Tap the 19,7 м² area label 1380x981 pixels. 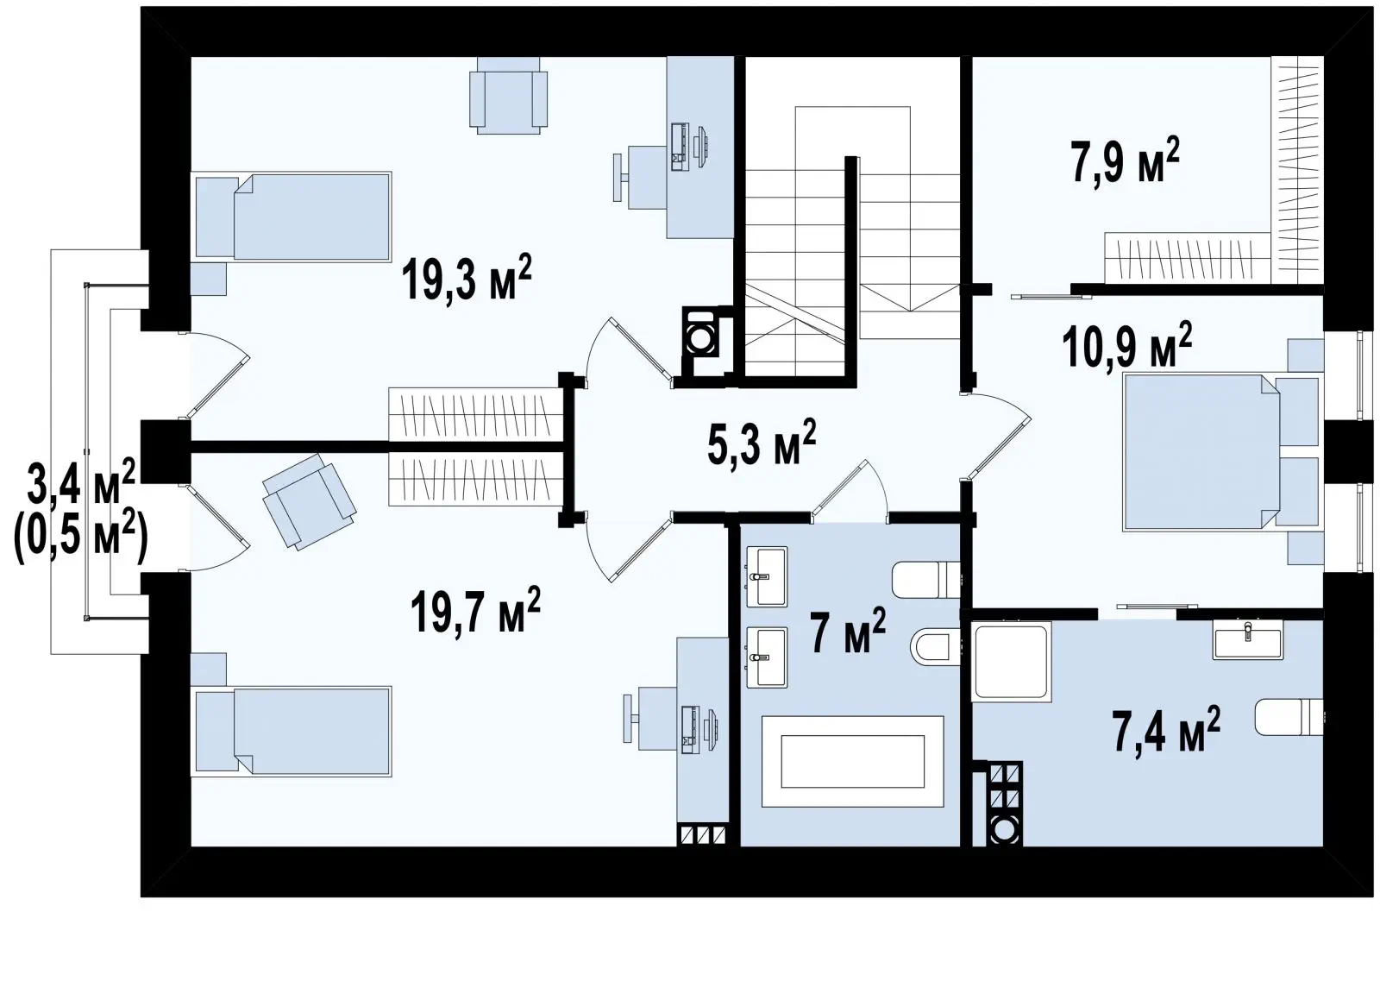[475, 611]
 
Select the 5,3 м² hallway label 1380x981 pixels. [762, 442]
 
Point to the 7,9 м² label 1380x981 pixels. [1125, 160]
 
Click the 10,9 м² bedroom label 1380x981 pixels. [1126, 345]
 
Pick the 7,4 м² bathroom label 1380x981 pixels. [1166, 730]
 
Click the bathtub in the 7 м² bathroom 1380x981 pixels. [853, 762]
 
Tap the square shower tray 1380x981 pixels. [1011, 662]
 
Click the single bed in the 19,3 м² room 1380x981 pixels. [292, 217]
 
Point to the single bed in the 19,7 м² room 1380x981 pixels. [292, 732]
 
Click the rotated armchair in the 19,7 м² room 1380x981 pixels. [309, 501]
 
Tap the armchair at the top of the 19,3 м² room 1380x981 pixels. [508, 96]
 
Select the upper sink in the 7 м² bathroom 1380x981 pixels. [767, 576]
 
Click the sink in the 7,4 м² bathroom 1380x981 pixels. [1248, 639]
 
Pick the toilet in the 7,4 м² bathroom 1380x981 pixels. [1289, 717]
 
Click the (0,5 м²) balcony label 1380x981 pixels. [81, 540]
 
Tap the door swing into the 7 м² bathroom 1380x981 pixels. [850, 491]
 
